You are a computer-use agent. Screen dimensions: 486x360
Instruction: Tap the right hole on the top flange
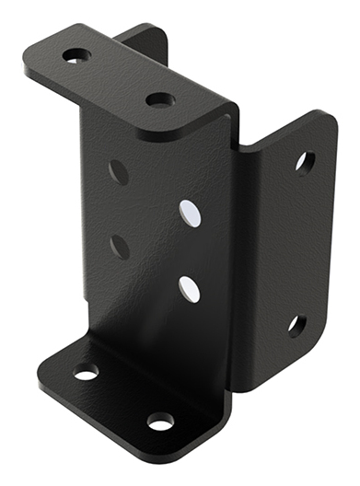point(159,98)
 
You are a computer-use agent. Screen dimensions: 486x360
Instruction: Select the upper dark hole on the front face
point(118,171)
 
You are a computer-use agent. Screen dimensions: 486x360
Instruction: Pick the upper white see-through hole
point(191,213)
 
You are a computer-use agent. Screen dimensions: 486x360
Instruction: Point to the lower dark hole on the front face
point(118,246)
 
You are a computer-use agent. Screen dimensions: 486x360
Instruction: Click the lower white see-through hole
point(190,288)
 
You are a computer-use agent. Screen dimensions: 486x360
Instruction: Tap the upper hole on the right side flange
point(304,163)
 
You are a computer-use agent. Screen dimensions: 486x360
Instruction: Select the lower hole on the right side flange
point(296,324)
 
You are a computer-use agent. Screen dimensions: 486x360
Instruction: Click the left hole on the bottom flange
point(86,372)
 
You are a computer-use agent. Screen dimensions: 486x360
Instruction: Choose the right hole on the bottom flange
point(160,422)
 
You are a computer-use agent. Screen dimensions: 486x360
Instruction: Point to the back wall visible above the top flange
point(143,39)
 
